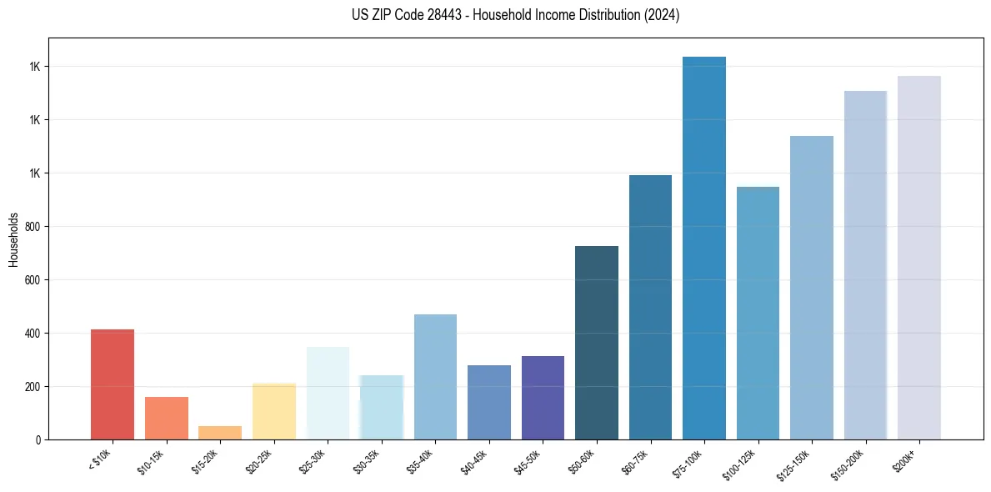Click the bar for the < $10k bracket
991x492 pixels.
(x=113, y=384)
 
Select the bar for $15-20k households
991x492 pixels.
(x=220, y=433)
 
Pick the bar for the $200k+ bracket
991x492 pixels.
(x=919, y=258)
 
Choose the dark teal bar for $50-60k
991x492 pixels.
(x=597, y=343)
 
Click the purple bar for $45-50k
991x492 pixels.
(x=543, y=398)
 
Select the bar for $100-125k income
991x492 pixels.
(x=758, y=313)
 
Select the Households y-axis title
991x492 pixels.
(x=13, y=239)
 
